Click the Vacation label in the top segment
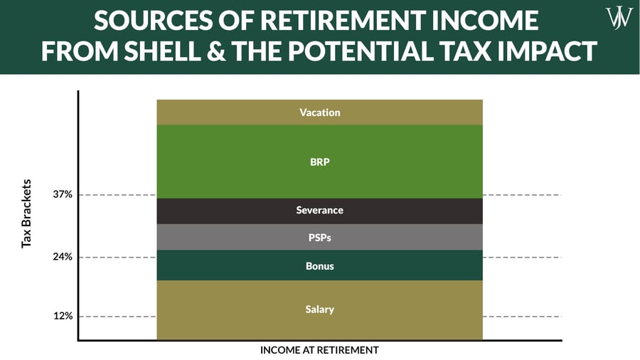click(320, 112)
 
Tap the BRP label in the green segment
click(320, 162)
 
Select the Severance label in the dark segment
click(320, 211)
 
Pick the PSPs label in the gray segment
click(320, 238)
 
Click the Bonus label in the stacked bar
click(320, 266)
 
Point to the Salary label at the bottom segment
click(320, 309)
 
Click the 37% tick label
click(63, 195)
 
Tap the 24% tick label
click(63, 258)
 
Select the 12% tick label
click(63, 316)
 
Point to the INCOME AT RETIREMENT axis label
click(319, 350)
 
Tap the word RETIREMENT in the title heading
click(322, 20)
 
